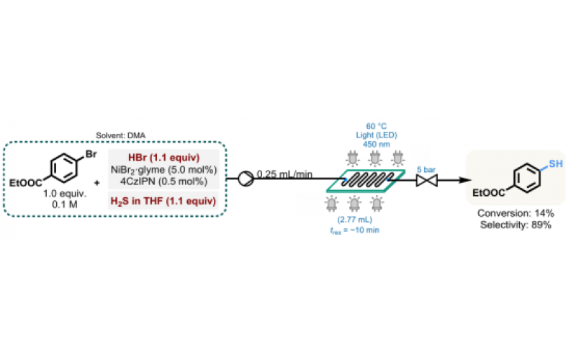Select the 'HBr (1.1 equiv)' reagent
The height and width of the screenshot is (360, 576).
coord(162,158)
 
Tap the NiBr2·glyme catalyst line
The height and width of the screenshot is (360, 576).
coord(162,170)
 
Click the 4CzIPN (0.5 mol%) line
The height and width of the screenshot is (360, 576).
coord(162,181)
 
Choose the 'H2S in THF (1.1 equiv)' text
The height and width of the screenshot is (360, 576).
coord(162,199)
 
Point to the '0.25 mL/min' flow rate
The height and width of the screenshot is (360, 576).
coord(286,174)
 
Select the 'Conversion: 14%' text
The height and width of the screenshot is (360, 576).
coord(516,215)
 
